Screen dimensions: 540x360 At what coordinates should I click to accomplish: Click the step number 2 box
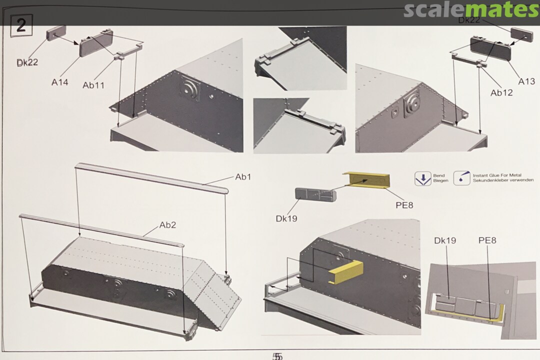tap(21, 25)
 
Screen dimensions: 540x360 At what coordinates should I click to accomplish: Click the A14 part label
tap(60, 82)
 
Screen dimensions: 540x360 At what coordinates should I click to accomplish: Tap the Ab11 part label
tap(93, 85)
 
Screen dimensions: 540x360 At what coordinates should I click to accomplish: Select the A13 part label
tap(526, 81)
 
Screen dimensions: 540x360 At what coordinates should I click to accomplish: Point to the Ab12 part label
tap(501, 92)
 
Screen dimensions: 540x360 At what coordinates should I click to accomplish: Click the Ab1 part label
tap(243, 177)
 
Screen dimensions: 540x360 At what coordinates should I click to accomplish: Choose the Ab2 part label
tap(167, 225)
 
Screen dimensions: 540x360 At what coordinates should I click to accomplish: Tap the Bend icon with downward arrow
tap(423, 179)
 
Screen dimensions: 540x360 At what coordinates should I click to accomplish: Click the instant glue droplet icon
tap(462, 178)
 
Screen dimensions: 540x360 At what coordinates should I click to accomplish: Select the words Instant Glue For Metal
tap(497, 175)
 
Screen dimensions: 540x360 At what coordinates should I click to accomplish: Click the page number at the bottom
tap(277, 356)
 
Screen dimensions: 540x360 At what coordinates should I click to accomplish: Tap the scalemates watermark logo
tap(471, 10)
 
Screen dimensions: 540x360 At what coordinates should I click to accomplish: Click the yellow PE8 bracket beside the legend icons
tap(366, 180)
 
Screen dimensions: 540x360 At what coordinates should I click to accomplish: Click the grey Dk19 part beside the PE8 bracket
tap(315, 194)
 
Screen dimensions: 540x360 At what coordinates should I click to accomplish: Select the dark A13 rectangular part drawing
tap(490, 49)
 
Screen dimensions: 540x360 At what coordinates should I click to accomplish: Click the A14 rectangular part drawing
tap(96, 43)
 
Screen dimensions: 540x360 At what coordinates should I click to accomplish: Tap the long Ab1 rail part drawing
tap(151, 178)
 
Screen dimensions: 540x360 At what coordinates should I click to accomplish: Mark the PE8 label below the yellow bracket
tap(404, 205)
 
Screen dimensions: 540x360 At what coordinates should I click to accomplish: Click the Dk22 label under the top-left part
tap(27, 62)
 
